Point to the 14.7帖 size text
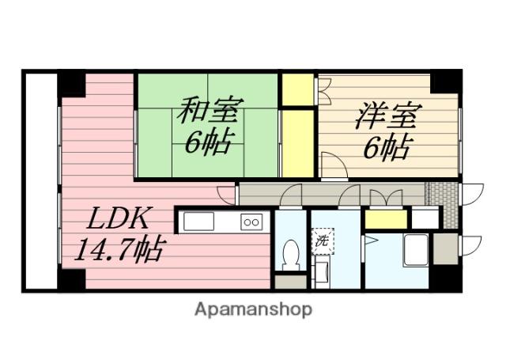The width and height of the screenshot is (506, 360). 119,252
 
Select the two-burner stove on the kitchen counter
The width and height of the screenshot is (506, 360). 251,222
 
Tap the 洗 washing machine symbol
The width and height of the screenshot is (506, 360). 322,241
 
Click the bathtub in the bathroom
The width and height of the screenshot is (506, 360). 415,250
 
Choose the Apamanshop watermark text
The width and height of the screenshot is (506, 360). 253,309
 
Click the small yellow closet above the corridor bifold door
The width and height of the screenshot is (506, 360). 385,219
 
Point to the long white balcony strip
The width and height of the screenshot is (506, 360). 40,180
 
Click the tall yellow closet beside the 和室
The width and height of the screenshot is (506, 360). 298,143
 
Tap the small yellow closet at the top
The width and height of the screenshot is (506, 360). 298,89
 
